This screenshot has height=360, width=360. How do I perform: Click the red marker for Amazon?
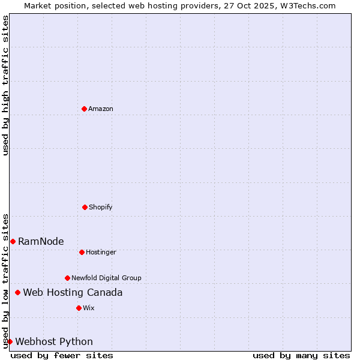coord(84,109)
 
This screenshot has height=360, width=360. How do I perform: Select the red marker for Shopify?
coord(85,207)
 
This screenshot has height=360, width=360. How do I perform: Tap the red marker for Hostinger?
coord(82,252)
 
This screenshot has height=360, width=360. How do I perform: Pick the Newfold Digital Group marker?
coord(67,278)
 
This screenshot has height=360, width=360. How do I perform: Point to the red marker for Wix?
coord(79,308)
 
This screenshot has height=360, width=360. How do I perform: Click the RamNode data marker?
coord(13,241)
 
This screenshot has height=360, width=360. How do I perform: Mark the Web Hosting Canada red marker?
coord(17,292)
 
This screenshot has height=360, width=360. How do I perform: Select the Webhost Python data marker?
coord(10,341)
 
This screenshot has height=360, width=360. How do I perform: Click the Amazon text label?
coord(101,109)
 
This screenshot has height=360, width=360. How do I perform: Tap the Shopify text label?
coord(101,207)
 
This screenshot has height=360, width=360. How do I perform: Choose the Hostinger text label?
coord(101,252)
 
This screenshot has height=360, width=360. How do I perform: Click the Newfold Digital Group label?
coord(106,278)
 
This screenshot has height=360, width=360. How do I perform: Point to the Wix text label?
coord(89,308)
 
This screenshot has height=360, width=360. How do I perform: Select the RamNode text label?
coord(41,241)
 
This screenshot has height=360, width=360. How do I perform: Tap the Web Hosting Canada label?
coord(73,292)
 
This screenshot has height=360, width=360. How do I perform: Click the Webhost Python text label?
coord(54,341)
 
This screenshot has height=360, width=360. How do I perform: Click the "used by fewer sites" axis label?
coord(62,355)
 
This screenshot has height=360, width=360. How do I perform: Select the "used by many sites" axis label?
coord(301,355)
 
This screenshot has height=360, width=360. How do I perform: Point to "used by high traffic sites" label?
coord(5,85)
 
